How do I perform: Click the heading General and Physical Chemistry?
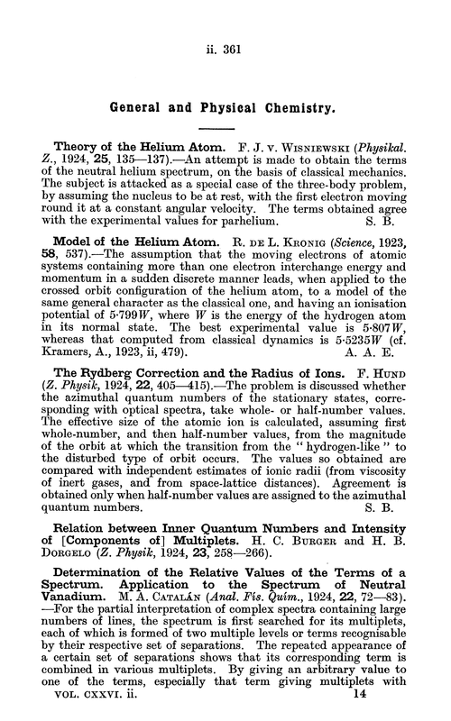[x=224, y=105]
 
